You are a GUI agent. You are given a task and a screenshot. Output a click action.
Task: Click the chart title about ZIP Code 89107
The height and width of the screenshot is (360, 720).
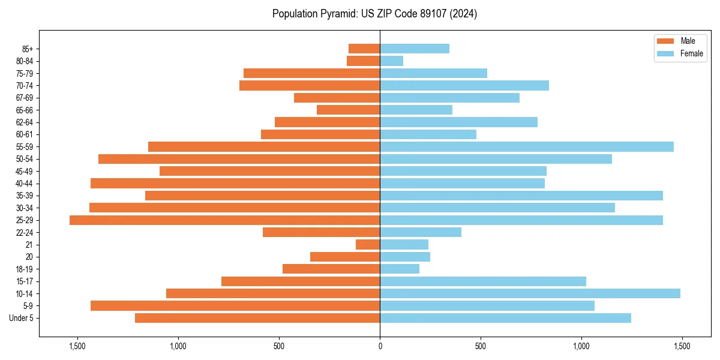pos(374,14)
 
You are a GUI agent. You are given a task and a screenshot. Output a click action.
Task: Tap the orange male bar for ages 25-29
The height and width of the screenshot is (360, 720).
pos(224,220)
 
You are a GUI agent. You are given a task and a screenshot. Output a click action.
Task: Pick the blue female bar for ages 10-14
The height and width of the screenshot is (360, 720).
pos(530,293)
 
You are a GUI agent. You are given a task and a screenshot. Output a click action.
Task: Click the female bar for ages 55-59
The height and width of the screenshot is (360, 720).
pos(526,146)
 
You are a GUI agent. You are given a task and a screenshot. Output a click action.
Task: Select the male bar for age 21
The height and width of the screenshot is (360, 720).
pos(368,244)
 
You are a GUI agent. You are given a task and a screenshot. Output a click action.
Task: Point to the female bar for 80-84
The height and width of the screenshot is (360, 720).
pos(391,61)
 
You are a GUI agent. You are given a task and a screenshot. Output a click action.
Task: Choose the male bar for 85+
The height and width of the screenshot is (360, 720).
pos(364,49)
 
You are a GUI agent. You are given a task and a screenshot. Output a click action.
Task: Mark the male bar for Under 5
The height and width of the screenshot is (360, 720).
pos(257,318)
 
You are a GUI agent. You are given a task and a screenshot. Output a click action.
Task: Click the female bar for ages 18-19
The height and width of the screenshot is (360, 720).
pos(400,269)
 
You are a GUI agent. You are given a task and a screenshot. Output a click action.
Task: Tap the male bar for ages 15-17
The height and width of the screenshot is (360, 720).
pos(301,281)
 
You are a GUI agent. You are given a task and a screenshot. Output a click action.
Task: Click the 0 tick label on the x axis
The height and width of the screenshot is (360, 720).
pos(380,346)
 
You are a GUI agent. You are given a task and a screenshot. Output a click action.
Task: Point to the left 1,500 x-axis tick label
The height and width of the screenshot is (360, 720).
pos(77,346)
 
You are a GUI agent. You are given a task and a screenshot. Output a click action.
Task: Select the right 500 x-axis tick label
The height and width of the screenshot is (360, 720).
pos(480,346)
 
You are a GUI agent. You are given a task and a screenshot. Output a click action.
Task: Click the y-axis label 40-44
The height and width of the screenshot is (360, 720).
pos(24,184)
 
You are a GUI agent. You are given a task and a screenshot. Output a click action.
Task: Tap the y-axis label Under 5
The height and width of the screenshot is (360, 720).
pos(22,318)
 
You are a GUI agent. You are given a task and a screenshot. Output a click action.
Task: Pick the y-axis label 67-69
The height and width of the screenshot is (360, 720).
pos(24,98)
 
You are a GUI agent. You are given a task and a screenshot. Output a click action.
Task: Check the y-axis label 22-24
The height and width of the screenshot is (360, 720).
pos(24,232)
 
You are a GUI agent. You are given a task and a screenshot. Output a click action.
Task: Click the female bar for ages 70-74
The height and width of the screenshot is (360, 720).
pos(464,85)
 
